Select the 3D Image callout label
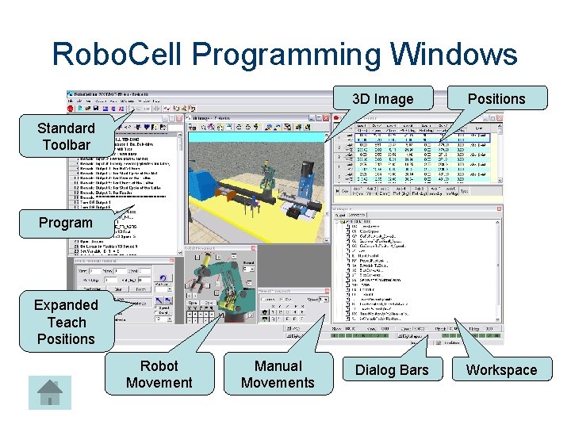click(x=383, y=99)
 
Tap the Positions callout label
click(x=496, y=99)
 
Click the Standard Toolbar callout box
click(x=66, y=136)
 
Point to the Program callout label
click(x=66, y=223)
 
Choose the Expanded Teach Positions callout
click(x=66, y=322)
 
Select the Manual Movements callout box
click(x=278, y=374)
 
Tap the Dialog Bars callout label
click(x=391, y=370)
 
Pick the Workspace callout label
click(x=501, y=370)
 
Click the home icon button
click(x=50, y=392)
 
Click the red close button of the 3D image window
click(x=325, y=117)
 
